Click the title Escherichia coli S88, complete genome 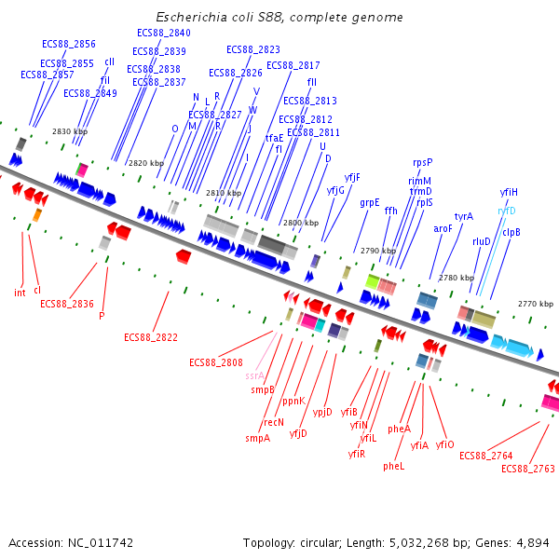[x=279, y=18]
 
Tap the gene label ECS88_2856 [x=69, y=44]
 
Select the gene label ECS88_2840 [x=163, y=33]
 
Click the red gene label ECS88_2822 [x=150, y=337]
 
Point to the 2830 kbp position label [x=69, y=132]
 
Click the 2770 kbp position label [x=536, y=304]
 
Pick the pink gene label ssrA [x=255, y=376]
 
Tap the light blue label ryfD [x=507, y=211]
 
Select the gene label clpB [x=511, y=232]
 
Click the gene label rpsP [x=423, y=162]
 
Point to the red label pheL [x=394, y=466]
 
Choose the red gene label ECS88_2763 [x=527, y=469]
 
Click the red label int [x=20, y=293]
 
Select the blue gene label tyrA [x=464, y=216]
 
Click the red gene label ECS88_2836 [x=67, y=304]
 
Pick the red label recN [x=274, y=422]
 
